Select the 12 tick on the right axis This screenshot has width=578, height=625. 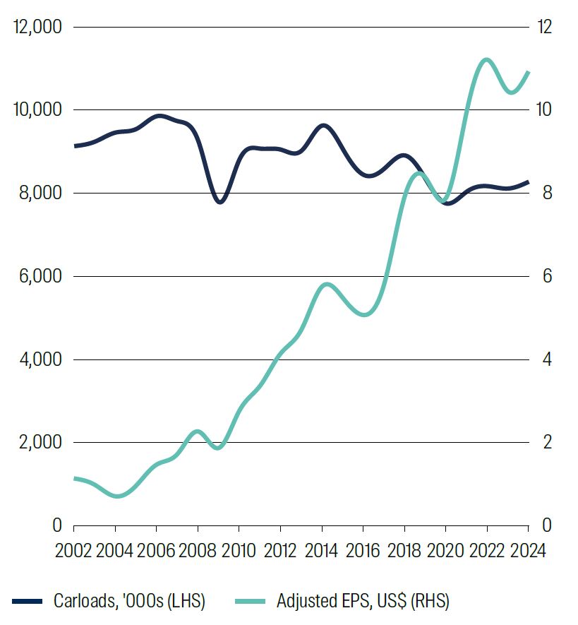click(543, 27)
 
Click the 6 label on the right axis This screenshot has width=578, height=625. click(544, 276)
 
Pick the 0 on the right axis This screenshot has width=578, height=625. click(544, 525)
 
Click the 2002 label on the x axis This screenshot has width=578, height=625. click(73, 551)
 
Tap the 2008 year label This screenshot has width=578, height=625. click(198, 551)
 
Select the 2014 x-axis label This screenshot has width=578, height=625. click(322, 551)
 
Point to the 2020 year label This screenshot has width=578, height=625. click(446, 551)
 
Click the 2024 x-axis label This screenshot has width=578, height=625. click(527, 551)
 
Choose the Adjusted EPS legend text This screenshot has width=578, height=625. click(363, 601)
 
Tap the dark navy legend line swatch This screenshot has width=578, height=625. click(28, 601)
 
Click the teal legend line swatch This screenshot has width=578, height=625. click(250, 601)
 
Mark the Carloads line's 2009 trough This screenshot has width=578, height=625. click(219, 202)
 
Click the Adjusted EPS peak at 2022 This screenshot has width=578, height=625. click(486, 59)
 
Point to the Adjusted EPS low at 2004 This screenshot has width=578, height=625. click(116, 496)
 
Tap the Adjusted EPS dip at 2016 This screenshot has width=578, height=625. click(364, 314)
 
